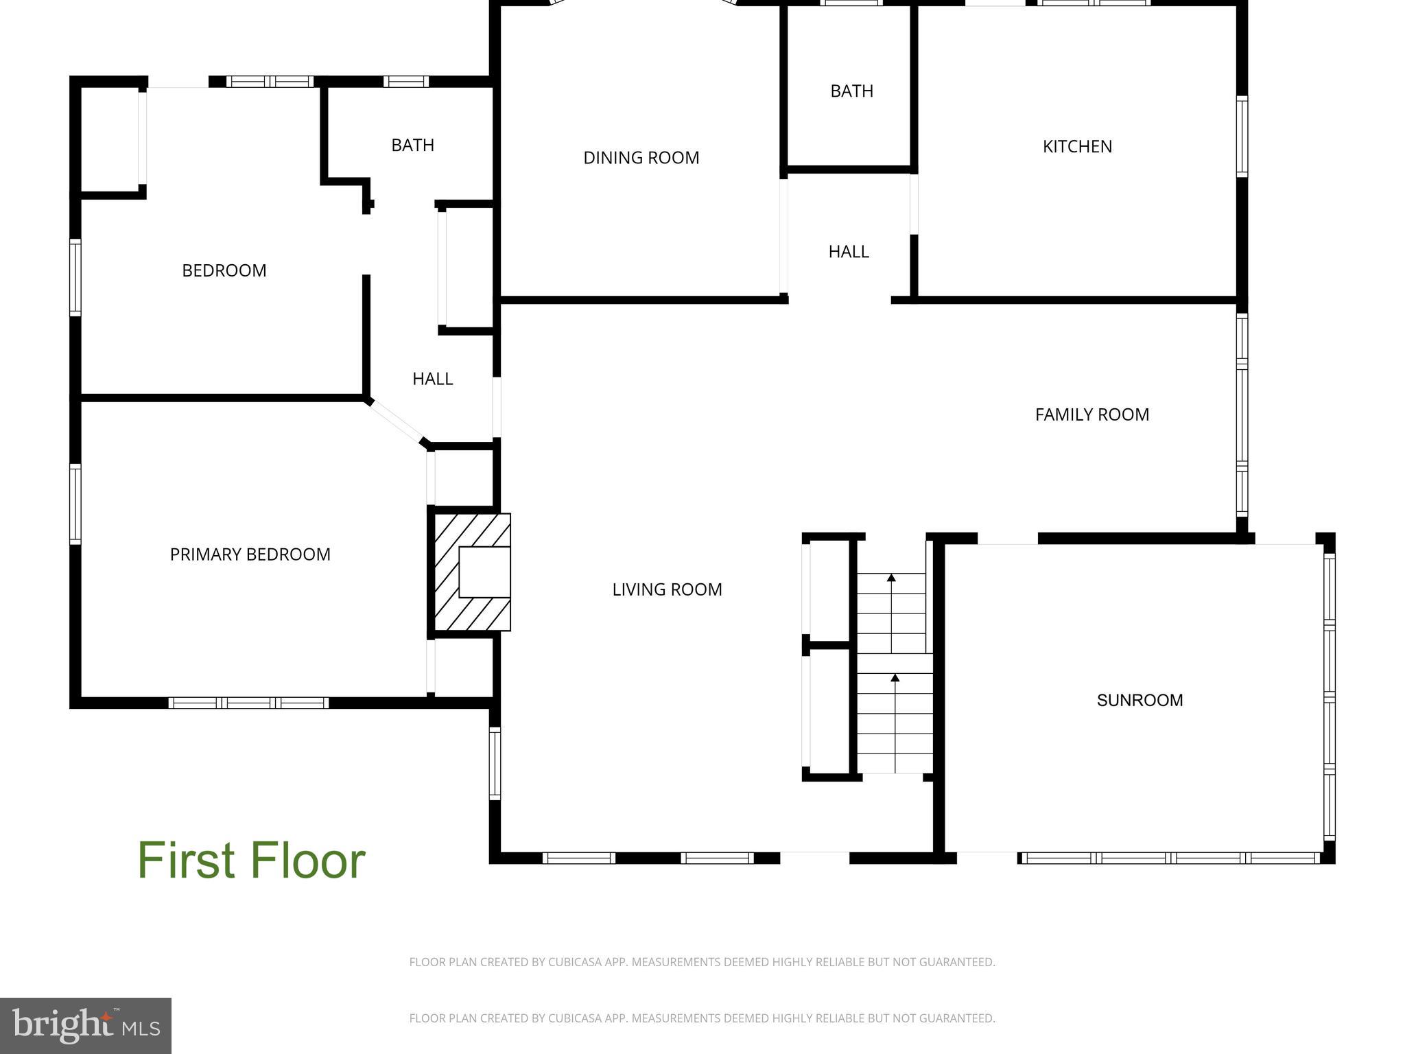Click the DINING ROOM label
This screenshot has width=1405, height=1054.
(641, 158)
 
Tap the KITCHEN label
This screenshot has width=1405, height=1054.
(1077, 146)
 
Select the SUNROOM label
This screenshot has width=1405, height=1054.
(1140, 700)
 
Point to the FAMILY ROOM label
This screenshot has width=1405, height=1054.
(1091, 414)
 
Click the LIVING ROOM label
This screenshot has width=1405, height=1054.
(667, 589)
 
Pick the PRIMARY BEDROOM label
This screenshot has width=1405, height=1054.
(250, 554)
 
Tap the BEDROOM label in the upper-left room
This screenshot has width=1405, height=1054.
(224, 270)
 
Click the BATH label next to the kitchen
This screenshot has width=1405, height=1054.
(851, 91)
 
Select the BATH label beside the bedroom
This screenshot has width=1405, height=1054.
(412, 145)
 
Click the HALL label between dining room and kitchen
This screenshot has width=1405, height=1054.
(849, 252)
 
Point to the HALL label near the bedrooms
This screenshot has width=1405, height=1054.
(432, 379)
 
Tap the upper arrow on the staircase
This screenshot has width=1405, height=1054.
(891, 578)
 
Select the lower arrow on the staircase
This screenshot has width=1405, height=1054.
(895, 679)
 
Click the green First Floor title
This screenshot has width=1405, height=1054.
(251, 860)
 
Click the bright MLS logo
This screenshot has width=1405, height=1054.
(85, 1025)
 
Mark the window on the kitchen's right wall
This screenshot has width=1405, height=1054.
(1242, 137)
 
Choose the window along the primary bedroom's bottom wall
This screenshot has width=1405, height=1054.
(248, 703)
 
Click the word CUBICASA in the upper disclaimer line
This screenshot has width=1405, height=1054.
(574, 962)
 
